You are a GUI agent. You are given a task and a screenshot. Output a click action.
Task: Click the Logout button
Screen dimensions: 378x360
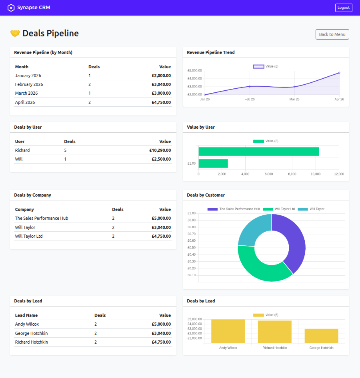point(344,8)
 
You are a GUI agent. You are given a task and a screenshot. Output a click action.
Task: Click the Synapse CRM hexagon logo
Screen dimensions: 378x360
point(11,8)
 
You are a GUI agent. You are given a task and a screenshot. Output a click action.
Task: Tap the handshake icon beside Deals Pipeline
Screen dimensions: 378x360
point(15,33)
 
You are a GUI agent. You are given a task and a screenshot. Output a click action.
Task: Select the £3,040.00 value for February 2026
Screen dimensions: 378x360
point(161,84)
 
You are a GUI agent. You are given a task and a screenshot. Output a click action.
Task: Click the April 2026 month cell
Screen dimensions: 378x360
point(25,102)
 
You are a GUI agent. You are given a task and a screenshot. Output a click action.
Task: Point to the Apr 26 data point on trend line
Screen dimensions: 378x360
point(339,73)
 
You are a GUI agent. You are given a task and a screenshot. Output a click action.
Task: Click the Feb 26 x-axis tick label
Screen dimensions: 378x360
point(250,99)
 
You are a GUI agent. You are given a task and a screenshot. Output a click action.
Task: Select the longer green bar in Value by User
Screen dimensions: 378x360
point(258,151)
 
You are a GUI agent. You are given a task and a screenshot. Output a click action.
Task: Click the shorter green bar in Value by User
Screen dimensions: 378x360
point(213,163)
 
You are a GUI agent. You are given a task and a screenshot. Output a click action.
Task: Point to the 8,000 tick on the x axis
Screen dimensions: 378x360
point(292,174)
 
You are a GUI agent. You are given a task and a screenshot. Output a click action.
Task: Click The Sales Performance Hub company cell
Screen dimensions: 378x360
point(42,218)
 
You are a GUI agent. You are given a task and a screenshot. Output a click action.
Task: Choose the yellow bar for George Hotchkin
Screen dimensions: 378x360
point(321,336)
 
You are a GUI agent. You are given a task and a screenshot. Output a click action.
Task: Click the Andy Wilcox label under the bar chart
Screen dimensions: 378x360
point(228,348)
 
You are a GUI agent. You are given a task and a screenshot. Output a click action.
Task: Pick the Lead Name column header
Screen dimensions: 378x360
point(26,315)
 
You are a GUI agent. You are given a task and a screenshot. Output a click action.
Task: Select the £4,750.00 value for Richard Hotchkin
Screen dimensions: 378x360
point(161,342)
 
